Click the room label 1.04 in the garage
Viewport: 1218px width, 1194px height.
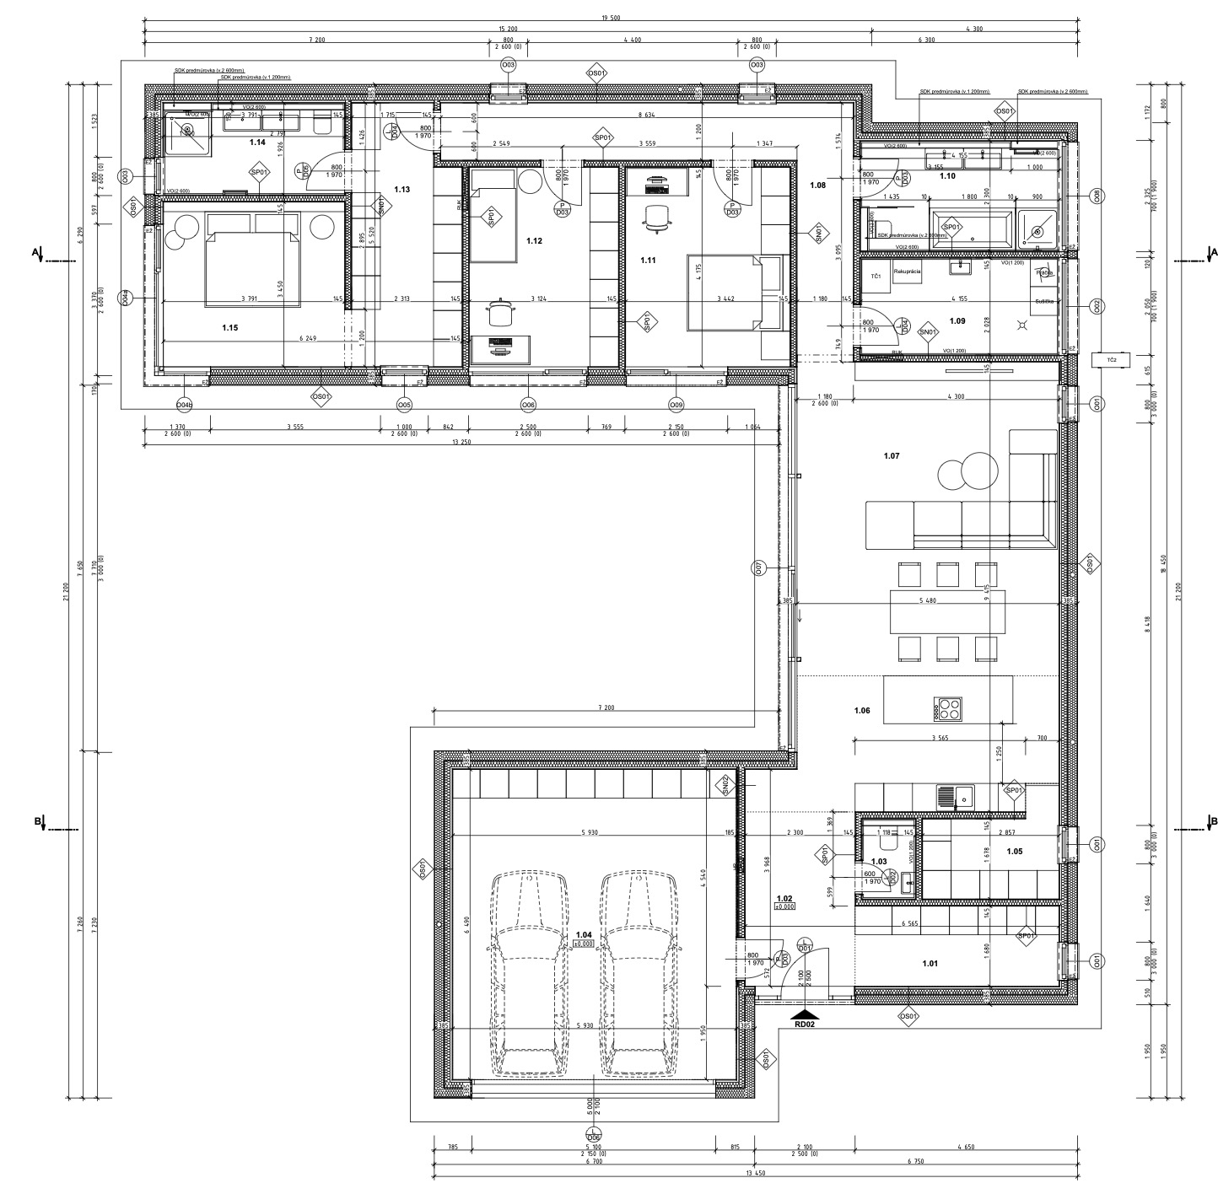coord(583,935)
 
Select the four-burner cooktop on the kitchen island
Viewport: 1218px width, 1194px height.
coord(947,709)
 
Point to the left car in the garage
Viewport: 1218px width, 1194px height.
coord(528,973)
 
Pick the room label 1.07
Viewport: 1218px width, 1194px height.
coord(891,456)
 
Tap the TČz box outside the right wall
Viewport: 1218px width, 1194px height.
coord(1111,359)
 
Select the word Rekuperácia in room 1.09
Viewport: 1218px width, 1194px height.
coord(908,272)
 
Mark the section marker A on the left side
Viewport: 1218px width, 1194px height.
coord(35,252)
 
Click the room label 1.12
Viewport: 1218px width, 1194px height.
coord(533,241)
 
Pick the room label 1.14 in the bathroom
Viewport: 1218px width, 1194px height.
coord(257,143)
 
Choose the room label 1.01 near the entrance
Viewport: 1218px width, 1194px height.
coord(930,963)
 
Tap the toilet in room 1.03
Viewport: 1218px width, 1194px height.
coord(887,842)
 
